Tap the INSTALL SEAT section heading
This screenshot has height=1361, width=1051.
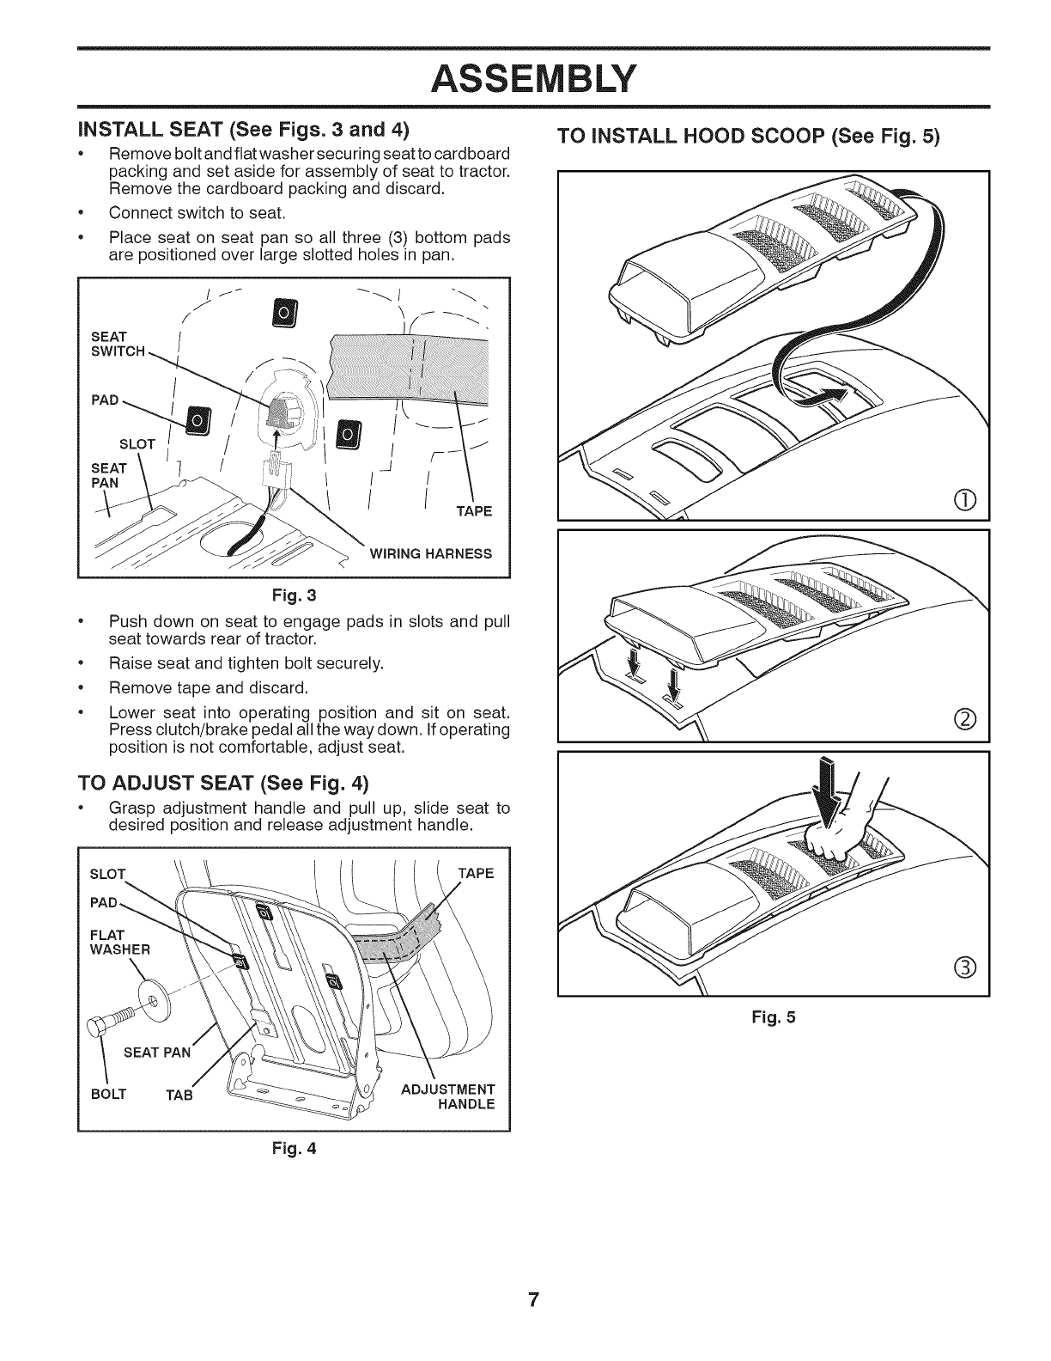[x=242, y=131]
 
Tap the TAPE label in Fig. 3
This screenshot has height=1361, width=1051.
[x=475, y=511]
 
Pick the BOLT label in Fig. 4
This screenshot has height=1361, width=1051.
[x=109, y=1093]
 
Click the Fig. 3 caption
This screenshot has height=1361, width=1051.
[x=294, y=595]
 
